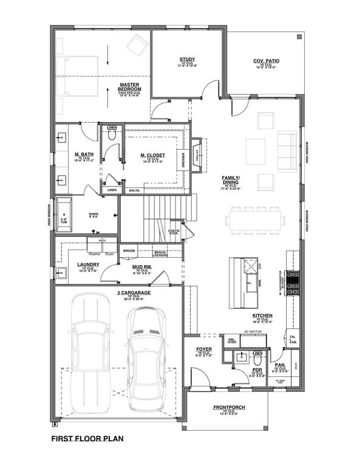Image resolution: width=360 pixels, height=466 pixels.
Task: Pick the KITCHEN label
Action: (x=262, y=316)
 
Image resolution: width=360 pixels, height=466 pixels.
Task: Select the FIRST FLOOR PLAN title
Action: (x=87, y=438)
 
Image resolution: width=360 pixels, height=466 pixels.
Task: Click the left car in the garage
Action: (x=89, y=352)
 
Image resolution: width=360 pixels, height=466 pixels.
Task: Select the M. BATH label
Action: (x=83, y=155)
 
